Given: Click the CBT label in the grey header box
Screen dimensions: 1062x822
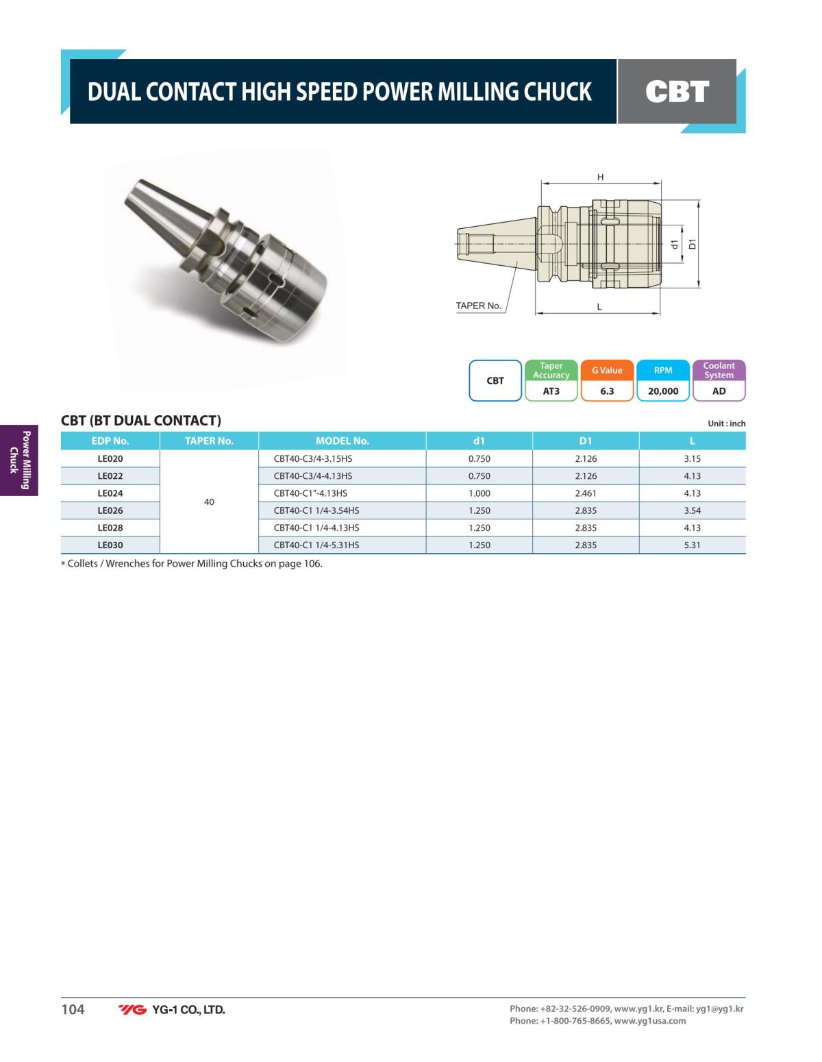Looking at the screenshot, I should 677,92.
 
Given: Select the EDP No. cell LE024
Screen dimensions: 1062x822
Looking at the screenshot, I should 110,493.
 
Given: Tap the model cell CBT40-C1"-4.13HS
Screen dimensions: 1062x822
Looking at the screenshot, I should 310,493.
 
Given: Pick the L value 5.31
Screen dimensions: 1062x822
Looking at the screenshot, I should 692,545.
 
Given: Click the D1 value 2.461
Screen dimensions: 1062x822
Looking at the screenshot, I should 586,493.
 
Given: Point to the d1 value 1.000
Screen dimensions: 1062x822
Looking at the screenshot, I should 480,493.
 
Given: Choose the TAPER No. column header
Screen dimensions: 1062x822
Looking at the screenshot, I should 209,441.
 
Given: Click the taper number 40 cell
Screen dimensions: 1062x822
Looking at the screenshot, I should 209,502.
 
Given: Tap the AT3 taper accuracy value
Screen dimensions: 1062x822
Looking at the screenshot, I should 551,391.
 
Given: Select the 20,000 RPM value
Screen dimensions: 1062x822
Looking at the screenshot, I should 663,391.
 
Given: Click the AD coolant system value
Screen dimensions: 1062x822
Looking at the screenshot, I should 719,391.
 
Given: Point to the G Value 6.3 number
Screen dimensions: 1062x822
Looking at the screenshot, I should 607,391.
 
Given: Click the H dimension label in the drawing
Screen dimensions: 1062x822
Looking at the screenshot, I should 601,177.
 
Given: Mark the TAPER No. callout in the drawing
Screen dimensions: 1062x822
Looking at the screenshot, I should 479,306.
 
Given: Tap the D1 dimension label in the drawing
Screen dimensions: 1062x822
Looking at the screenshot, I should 692,244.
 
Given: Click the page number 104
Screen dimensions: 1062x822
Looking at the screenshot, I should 73,1009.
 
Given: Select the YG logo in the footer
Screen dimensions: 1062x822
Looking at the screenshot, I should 132,1010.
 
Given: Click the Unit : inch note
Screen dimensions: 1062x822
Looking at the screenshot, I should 726,424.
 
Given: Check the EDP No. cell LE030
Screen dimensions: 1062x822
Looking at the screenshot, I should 110,545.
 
